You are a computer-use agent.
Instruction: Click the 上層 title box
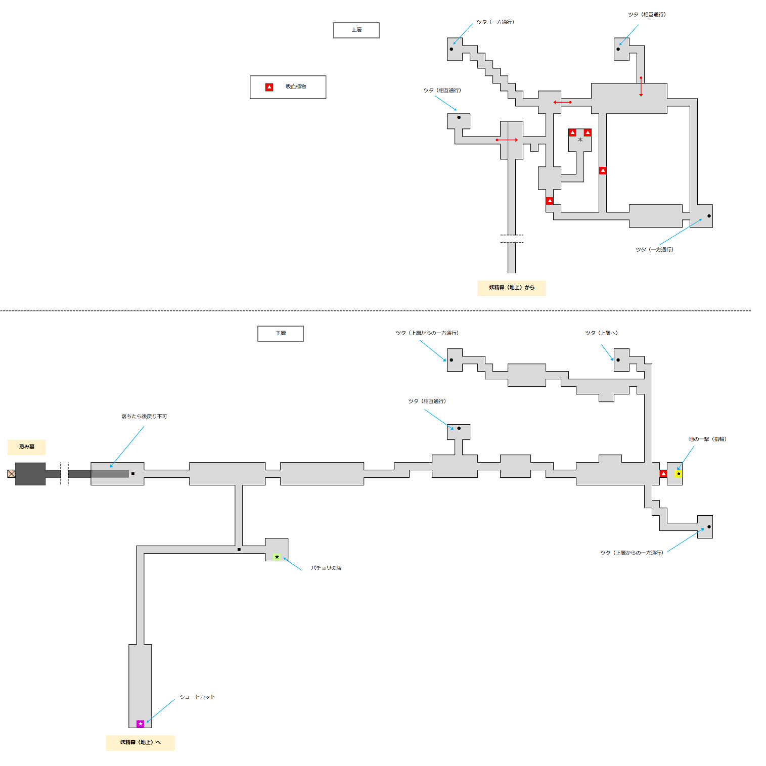pyautogui.click(x=356, y=30)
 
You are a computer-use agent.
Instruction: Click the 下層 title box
pyautogui.click(x=281, y=334)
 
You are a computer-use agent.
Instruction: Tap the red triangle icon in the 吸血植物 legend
pyautogui.click(x=269, y=87)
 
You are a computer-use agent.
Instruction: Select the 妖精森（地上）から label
pyautogui.click(x=512, y=288)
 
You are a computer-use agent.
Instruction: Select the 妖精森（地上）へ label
pyautogui.click(x=140, y=743)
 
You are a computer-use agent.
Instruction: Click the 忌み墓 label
pyautogui.click(x=27, y=447)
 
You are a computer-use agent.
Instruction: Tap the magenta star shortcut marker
pyautogui.click(x=141, y=724)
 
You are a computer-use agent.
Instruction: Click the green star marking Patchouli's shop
pyautogui.click(x=277, y=557)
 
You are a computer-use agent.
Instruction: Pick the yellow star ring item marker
pyautogui.click(x=679, y=474)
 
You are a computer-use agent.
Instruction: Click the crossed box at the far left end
pyautogui.click(x=11, y=474)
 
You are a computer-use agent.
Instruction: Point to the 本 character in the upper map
pyautogui.click(x=580, y=140)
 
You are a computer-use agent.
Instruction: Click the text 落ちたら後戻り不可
pyautogui.click(x=144, y=417)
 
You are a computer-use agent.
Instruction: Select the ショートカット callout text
pyautogui.click(x=197, y=697)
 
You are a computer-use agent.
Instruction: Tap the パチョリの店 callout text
pyautogui.click(x=326, y=568)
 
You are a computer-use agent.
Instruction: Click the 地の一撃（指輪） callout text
pyautogui.click(x=707, y=439)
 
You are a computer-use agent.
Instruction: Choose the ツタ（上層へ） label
pyautogui.click(x=601, y=333)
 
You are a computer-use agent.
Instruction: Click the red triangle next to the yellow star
pyautogui.click(x=663, y=474)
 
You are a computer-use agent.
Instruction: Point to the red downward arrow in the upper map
pyautogui.click(x=641, y=86)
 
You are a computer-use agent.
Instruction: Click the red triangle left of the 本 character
pyautogui.click(x=572, y=132)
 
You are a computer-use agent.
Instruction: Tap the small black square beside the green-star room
pyautogui.click(x=239, y=550)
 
